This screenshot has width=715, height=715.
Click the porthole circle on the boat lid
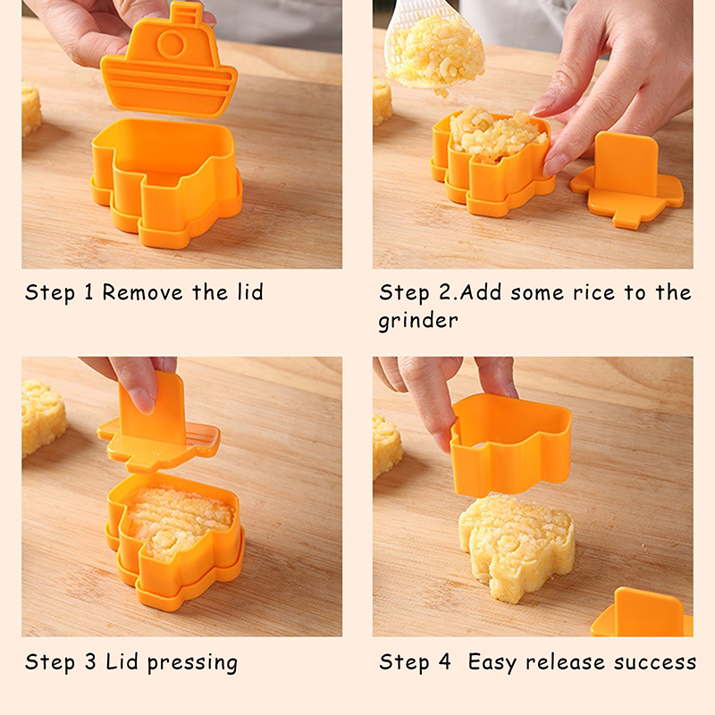point(172,45)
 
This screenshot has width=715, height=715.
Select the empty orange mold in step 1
point(167,182)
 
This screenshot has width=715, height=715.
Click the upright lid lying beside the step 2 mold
point(627,180)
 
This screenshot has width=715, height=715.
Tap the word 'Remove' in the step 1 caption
point(142,292)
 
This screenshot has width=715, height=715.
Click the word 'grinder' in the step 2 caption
point(417,321)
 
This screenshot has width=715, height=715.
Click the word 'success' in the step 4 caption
point(655,662)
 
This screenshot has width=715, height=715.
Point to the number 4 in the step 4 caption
point(444,661)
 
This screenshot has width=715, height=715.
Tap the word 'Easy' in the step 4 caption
point(492,662)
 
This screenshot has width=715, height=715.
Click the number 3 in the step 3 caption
point(91,661)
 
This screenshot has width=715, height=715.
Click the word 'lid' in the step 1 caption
point(250,292)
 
